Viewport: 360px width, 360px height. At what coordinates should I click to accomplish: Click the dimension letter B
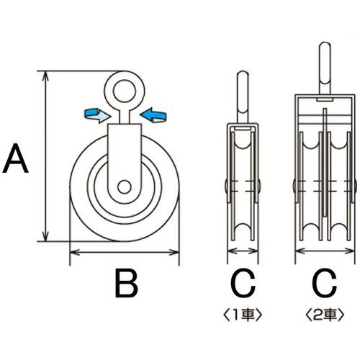click(x=127, y=285)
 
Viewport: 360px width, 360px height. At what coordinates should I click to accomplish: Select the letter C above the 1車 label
click(x=243, y=285)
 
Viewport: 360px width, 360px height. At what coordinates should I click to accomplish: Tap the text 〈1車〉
click(x=242, y=313)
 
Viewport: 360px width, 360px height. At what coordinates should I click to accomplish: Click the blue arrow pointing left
click(x=153, y=113)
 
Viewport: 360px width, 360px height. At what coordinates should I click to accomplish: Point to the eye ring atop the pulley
click(x=125, y=89)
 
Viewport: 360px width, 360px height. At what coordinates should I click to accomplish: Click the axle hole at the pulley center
click(x=125, y=186)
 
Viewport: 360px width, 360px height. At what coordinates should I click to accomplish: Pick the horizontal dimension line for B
click(x=124, y=252)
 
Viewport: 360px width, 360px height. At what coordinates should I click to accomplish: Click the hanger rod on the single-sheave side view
click(x=243, y=97)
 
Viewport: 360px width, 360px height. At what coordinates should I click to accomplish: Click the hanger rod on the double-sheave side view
click(x=325, y=68)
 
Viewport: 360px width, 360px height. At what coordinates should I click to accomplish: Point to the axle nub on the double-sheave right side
click(x=356, y=186)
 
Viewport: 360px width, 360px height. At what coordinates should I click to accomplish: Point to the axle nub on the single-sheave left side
click(x=225, y=186)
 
